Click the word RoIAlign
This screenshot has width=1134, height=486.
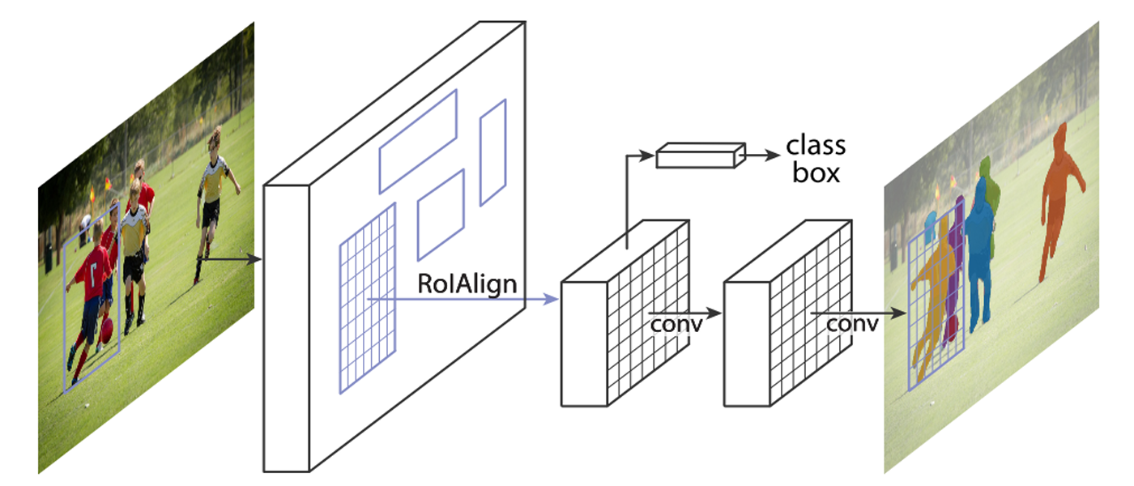[467, 284]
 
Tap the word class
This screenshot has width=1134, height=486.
[816, 146]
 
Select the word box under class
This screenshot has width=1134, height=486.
[816, 173]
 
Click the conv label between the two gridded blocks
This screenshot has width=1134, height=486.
[676, 325]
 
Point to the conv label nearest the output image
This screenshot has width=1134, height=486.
[852, 325]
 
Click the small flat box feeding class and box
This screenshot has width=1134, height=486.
[701, 156]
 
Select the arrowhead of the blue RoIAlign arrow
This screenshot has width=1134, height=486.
[551, 299]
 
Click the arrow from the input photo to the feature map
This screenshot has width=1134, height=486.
[229, 260]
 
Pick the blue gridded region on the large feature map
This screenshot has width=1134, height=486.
[368, 299]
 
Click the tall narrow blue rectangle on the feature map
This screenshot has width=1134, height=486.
[493, 152]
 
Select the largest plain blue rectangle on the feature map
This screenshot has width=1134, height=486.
[418, 142]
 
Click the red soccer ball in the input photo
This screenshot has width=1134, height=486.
[107, 330]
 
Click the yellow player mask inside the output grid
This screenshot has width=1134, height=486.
[934, 293]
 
